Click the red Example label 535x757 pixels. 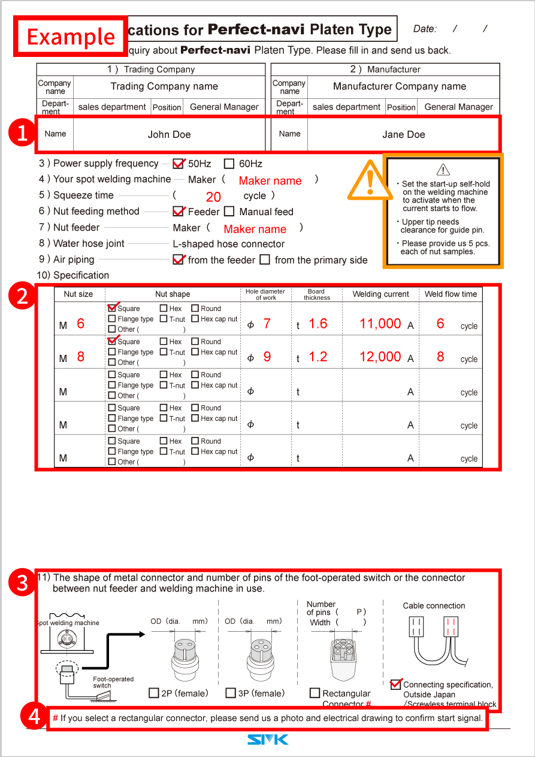(71, 37)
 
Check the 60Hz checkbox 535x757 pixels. (229, 164)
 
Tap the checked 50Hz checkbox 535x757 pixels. (178, 164)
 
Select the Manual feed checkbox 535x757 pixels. (229, 212)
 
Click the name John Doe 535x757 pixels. (169, 134)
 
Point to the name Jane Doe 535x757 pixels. (403, 134)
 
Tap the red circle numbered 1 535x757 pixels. (22, 134)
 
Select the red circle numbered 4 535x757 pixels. (35, 717)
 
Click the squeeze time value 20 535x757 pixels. (213, 197)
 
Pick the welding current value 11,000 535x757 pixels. (380, 324)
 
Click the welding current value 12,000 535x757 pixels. (380, 357)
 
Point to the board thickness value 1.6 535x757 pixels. (318, 324)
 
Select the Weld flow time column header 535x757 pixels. (451, 294)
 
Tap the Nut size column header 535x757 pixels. (78, 294)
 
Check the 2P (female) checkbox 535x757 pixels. (154, 693)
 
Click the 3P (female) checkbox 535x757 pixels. (231, 693)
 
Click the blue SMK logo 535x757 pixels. (268, 740)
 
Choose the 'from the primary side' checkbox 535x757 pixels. (265, 260)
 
